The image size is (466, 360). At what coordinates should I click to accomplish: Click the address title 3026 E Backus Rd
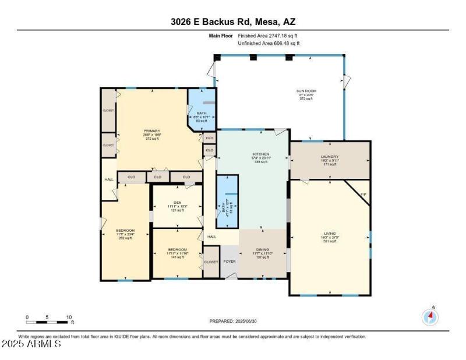click(233, 22)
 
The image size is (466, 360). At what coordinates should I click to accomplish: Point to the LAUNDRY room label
click(330, 157)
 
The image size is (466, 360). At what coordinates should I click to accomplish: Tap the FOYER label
click(229, 262)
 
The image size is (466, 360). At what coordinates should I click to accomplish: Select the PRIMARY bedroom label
click(152, 131)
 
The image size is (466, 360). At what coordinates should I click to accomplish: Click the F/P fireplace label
click(363, 194)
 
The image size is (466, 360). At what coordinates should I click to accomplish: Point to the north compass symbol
click(430, 316)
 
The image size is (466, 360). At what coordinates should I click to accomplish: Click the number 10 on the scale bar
click(69, 317)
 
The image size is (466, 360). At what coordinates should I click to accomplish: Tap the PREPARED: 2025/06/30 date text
click(233, 321)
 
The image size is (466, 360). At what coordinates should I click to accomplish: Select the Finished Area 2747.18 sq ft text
click(269, 36)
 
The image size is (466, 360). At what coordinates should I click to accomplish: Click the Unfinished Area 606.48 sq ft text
click(269, 43)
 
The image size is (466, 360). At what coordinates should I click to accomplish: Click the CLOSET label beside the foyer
click(210, 262)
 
